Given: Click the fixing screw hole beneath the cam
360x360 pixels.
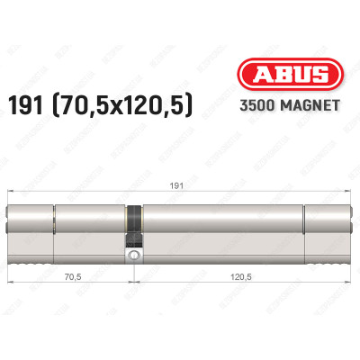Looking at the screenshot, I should [x=134, y=256].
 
